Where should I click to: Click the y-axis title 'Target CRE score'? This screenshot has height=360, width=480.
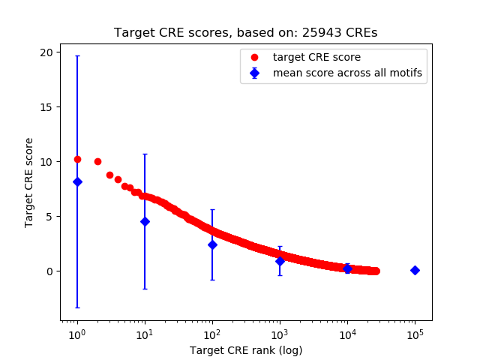(x=29, y=182)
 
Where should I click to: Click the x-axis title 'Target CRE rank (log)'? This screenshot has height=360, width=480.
(x=246, y=350)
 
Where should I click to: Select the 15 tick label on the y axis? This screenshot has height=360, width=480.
(x=46, y=106)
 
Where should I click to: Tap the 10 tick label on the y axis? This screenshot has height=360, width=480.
(x=46, y=161)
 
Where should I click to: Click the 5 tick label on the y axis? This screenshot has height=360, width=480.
(x=49, y=216)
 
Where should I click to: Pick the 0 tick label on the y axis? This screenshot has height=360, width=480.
(x=49, y=271)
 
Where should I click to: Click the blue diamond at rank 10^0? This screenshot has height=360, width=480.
(x=77, y=181)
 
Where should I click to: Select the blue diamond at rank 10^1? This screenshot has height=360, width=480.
(x=145, y=221)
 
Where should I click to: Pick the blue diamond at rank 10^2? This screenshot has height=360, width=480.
(x=212, y=244)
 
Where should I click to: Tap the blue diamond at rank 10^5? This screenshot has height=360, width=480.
(x=415, y=270)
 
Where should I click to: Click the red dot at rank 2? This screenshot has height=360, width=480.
(x=97, y=161)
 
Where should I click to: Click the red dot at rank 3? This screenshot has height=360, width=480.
(x=109, y=175)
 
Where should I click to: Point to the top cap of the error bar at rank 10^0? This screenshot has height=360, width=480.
(x=77, y=56)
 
